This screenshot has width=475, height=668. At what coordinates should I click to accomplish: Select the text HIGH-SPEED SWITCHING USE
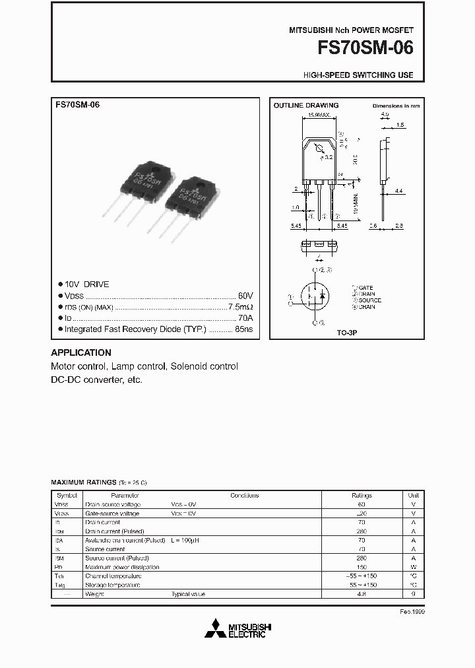358,75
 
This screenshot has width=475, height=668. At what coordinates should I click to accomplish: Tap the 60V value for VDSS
245,295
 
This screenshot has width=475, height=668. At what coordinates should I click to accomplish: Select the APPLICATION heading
81,352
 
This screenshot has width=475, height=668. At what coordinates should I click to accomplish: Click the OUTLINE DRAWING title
306,106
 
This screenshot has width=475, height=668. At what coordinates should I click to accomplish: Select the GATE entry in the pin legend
365,288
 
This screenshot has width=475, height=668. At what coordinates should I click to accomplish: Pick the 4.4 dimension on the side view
398,191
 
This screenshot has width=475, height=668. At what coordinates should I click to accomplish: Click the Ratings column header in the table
362,495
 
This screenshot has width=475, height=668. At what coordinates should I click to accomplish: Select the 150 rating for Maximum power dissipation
362,567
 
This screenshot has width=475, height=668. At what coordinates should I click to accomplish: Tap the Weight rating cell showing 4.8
362,594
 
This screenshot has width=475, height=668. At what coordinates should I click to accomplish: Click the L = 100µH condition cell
186,540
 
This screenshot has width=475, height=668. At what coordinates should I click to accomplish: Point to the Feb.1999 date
412,611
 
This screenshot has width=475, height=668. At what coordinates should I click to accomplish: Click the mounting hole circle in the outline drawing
319,148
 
